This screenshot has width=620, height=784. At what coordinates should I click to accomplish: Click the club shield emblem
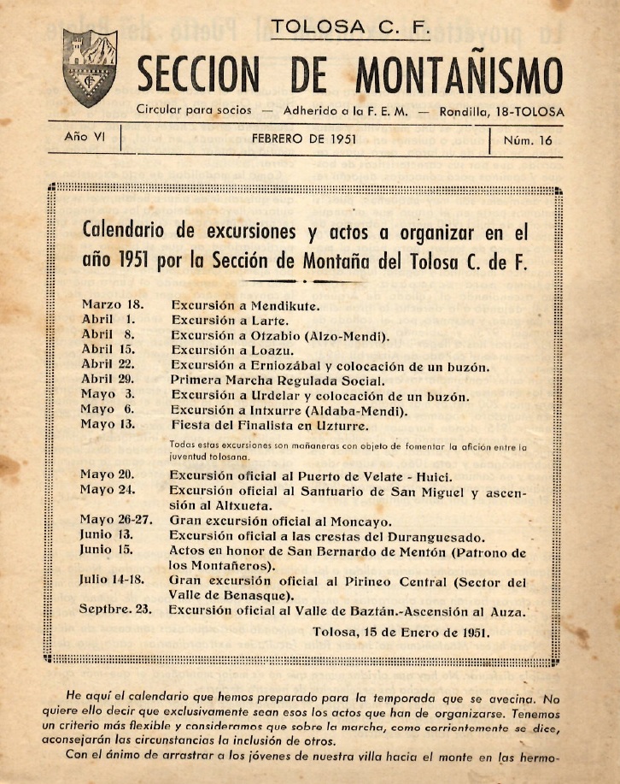90,68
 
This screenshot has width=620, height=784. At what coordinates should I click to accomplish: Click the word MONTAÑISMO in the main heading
459,75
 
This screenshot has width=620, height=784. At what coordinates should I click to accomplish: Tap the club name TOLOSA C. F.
348,28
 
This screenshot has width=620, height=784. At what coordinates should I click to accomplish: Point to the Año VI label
84,138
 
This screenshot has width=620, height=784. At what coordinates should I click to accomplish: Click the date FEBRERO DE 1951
304,139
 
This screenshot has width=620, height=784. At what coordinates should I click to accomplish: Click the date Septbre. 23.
120,610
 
